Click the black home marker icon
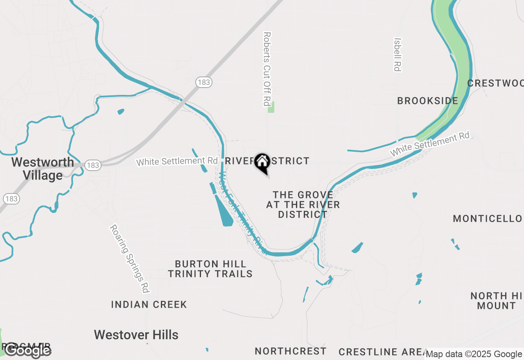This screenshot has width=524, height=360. pyautogui.click(x=262, y=162)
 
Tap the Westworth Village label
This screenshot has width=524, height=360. pyautogui.click(x=43, y=169)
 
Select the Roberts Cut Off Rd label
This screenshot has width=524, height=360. pyautogui.click(x=267, y=69)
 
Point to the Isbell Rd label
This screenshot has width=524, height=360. pyautogui.click(x=397, y=54)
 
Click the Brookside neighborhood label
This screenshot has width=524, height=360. pyautogui.click(x=427, y=101)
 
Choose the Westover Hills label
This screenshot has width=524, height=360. pyautogui.click(x=136, y=335)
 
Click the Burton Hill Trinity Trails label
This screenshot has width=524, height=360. pyautogui.click(x=210, y=269)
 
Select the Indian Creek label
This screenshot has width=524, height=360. pyautogui.click(x=149, y=304)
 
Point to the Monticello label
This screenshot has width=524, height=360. pyautogui.click(x=488, y=218)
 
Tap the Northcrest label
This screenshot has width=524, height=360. pyautogui.click(x=291, y=351)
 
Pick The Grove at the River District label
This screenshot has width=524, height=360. pyautogui.click(x=303, y=204)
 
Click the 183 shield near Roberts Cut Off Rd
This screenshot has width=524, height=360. pyautogui.click(x=203, y=82)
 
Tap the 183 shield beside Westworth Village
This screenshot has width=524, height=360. pyautogui.click(x=93, y=165)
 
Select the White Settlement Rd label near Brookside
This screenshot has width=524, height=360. pyautogui.click(x=429, y=144)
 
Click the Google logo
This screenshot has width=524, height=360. pyautogui.click(x=27, y=350)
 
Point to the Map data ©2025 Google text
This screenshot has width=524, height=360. pyautogui.click(x=474, y=354)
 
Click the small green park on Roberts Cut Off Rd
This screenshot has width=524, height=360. pyautogui.click(x=271, y=107)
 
